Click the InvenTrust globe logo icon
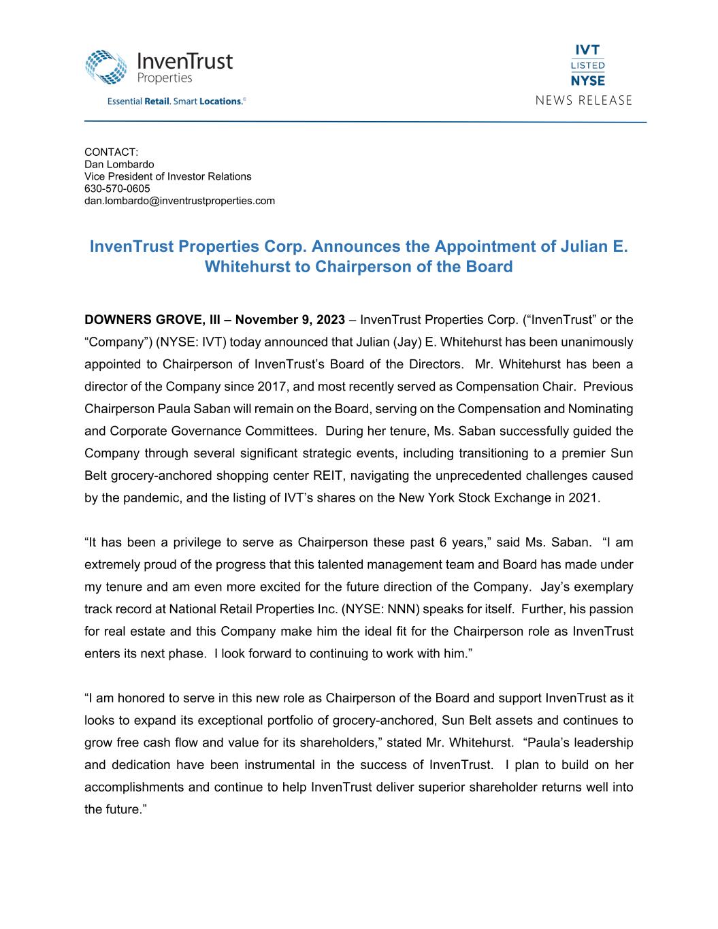click(x=107, y=67)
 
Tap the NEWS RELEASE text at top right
click(x=583, y=101)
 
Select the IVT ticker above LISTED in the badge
click(x=587, y=51)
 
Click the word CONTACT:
click(x=111, y=152)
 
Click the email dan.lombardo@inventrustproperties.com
click(x=180, y=201)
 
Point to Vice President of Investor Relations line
click(x=167, y=176)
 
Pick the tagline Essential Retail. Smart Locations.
click(x=175, y=101)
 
